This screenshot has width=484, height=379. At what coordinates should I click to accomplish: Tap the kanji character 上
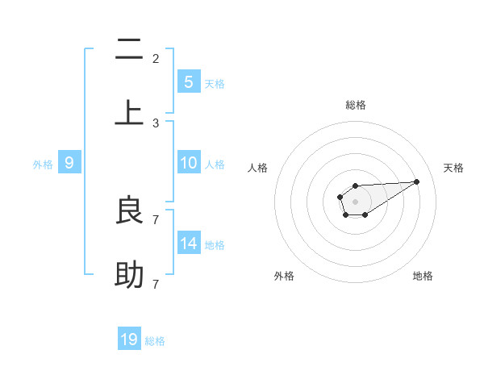click(x=129, y=111)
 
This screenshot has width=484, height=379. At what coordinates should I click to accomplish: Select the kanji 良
click(x=129, y=210)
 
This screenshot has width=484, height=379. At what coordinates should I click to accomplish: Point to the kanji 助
click(x=129, y=275)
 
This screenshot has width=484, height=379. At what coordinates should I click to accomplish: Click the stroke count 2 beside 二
click(x=156, y=58)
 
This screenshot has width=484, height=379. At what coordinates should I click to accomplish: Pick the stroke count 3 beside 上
click(x=156, y=123)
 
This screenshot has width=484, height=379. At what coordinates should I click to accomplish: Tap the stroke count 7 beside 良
click(x=156, y=219)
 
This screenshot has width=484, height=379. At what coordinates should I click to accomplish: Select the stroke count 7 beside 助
click(x=156, y=284)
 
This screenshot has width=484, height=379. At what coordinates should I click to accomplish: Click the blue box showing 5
click(x=189, y=81)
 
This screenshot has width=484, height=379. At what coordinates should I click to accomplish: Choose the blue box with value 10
click(x=189, y=163)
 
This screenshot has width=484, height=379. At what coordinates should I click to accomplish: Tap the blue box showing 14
click(x=189, y=244)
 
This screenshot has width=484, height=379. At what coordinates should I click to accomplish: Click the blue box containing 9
click(x=69, y=163)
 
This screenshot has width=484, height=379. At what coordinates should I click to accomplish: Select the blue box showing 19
click(x=129, y=339)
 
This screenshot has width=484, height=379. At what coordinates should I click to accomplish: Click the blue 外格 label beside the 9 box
click(x=43, y=165)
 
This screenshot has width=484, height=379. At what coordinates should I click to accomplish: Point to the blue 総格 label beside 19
click(x=155, y=341)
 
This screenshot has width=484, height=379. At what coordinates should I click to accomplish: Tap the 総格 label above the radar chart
click(x=355, y=105)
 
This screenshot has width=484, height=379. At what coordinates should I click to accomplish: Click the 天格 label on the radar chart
click(x=453, y=168)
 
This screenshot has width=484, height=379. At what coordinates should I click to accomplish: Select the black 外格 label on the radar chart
click(x=284, y=276)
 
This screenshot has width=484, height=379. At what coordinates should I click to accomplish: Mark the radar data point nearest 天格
click(x=417, y=181)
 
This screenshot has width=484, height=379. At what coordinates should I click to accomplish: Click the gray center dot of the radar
click(x=355, y=200)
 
